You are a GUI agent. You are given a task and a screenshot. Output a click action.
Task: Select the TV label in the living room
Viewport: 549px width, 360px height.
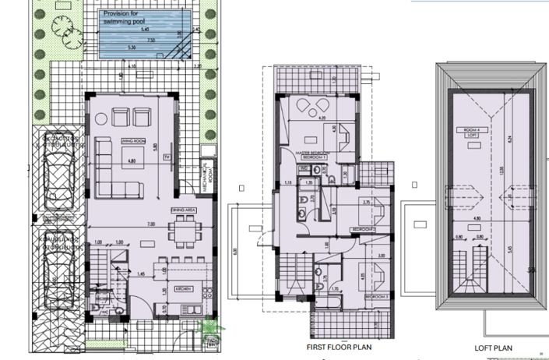[x=166, y=157]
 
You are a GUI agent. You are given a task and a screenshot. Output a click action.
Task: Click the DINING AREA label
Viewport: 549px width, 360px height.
[x=182, y=210]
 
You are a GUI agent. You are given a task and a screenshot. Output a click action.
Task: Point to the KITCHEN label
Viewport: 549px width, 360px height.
[x=184, y=288]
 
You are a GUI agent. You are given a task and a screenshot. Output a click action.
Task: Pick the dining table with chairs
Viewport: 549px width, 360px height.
[x=184, y=231]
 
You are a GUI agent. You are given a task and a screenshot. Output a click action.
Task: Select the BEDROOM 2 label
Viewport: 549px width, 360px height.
[x=362, y=229]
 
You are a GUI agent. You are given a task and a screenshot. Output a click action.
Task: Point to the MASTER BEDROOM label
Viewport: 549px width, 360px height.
[x=315, y=153]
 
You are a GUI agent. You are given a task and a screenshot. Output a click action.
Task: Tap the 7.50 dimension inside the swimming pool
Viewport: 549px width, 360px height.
[x=129, y=40]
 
